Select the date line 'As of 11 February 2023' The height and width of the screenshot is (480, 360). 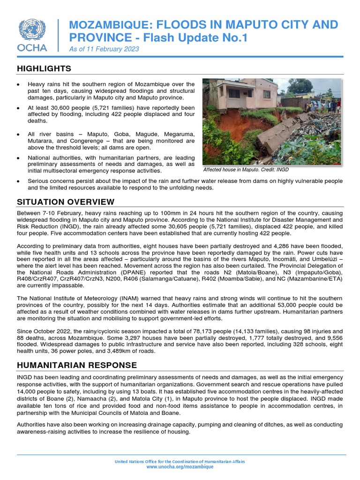click(x=104, y=49)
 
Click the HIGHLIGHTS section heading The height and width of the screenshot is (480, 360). click(x=44, y=68)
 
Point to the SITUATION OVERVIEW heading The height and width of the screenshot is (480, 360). click(x=66, y=202)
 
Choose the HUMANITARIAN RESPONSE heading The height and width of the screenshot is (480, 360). click(x=77, y=365)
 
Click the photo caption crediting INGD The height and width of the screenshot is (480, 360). click(x=246, y=170)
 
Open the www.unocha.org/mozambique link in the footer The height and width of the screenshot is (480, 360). click(x=180, y=467)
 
